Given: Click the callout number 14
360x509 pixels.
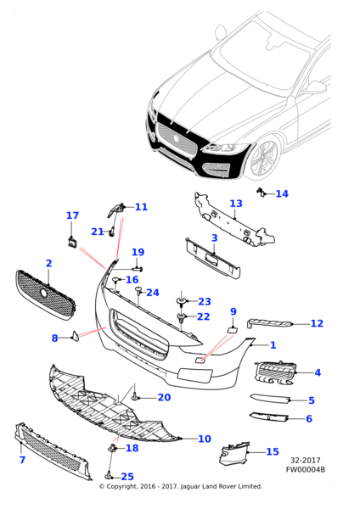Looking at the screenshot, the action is tap(282, 193).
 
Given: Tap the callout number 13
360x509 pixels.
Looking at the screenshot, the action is tap(236, 204).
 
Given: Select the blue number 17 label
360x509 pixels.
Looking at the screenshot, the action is tap(72, 215).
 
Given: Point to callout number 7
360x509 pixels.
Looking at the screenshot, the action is tap(22, 460).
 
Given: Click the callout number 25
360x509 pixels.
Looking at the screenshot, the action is tap(127, 477).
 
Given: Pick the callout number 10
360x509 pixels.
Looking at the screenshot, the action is tap(205, 439).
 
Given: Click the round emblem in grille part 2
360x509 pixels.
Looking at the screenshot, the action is tap(44, 293).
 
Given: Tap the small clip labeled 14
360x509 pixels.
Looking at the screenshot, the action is tap(260, 192).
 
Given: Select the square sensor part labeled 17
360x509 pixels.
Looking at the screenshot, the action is tap(71, 242).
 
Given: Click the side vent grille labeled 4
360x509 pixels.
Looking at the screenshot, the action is tap(275, 372).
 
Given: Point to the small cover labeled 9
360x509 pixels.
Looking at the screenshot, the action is tap(233, 330).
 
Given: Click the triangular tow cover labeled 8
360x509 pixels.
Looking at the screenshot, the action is tap(75, 336).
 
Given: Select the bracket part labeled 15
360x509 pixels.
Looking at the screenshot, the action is tap(234, 453).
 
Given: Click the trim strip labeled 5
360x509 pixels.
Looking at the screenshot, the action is tap(269, 398).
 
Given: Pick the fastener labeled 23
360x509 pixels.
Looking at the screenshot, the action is tap(181, 301).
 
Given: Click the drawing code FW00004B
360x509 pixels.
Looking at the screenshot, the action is tap(306, 469).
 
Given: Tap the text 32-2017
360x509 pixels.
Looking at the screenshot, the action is tap(306, 461).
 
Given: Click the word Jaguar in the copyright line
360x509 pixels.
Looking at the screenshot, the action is tap(190, 486).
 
